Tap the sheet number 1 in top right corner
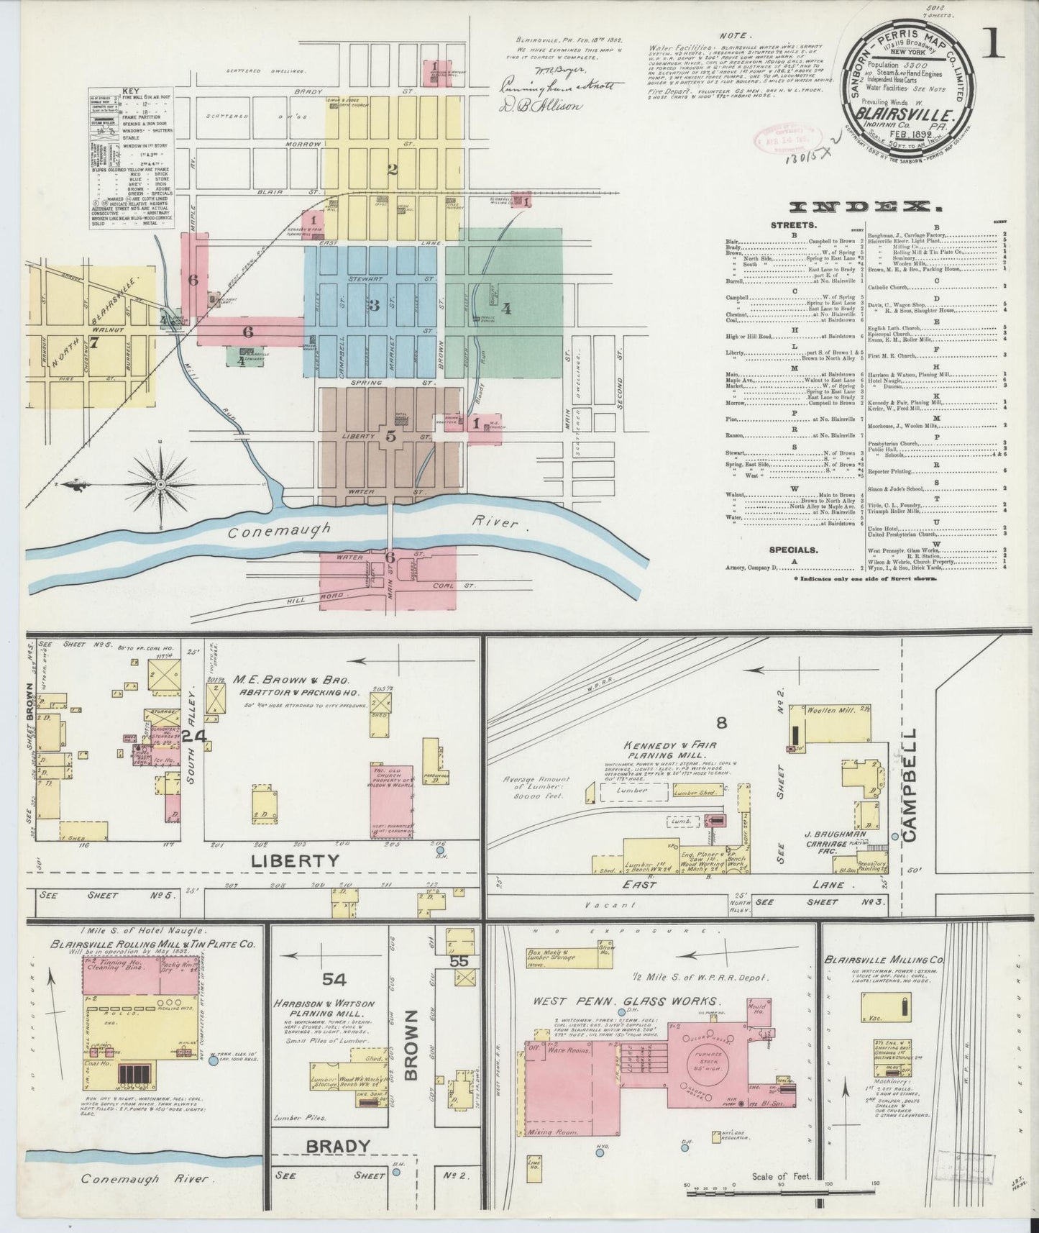(996, 45)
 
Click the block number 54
(334, 978)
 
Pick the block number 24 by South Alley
(194, 736)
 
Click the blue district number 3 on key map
(373, 304)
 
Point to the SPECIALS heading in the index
(792, 550)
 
